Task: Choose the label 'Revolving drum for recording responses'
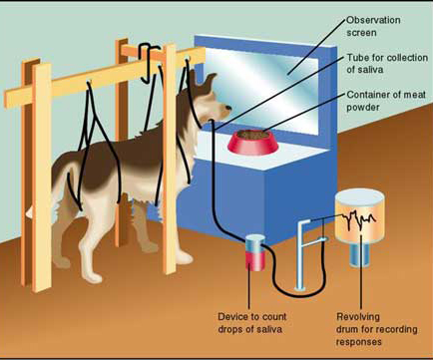371,329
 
